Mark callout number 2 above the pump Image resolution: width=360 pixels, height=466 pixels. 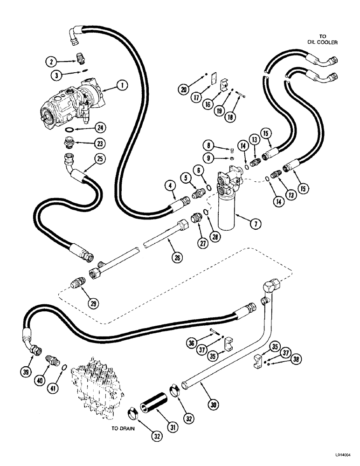(x=53, y=61)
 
